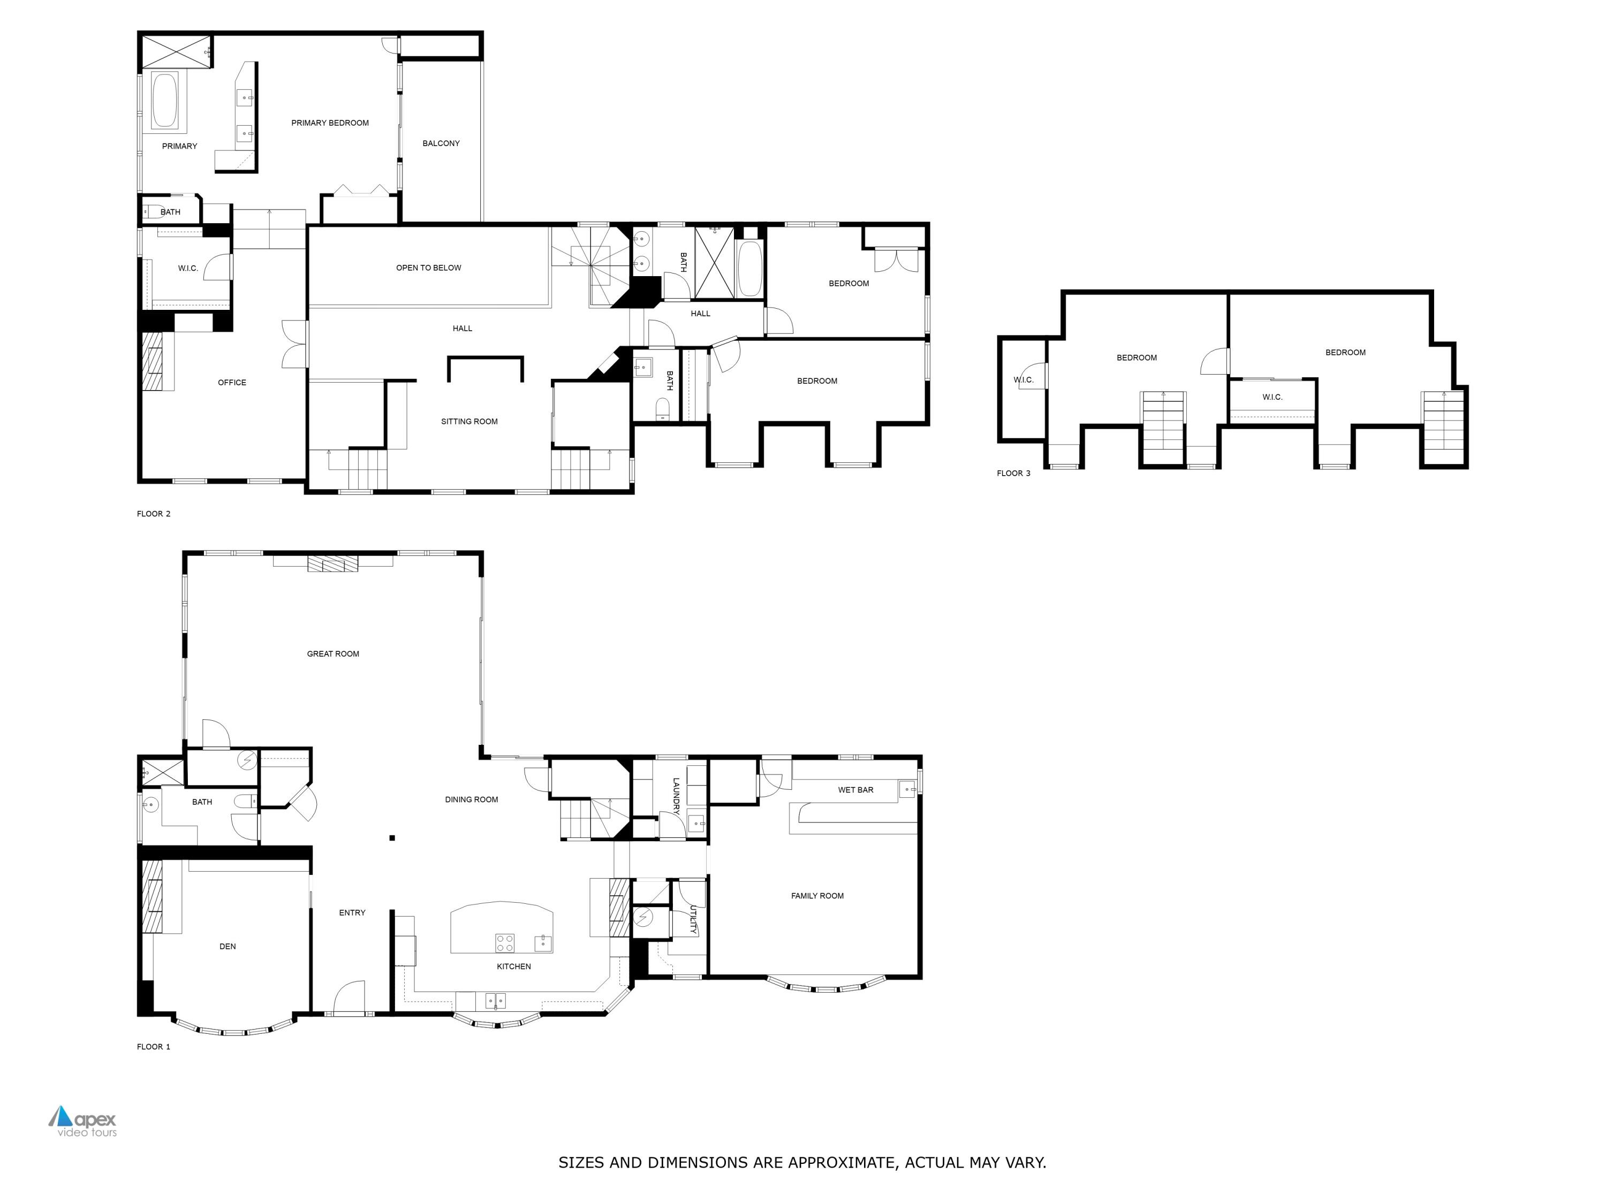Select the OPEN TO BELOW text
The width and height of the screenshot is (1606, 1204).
coord(428,268)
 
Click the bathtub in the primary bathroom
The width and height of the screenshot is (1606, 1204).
coord(165,100)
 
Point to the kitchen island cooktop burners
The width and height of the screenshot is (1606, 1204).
coord(505,943)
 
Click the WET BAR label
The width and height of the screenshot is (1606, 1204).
coord(855,790)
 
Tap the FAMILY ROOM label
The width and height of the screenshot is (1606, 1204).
coord(817,896)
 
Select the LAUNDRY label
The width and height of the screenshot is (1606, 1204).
coord(676,796)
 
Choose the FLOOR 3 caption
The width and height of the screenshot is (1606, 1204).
coord(1013,473)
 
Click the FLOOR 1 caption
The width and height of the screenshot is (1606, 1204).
coord(153,1047)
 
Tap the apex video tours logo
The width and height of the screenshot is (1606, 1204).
coord(82,1121)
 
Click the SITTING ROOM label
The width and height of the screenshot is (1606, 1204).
coord(469,422)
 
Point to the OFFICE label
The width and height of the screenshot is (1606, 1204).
coord(232,383)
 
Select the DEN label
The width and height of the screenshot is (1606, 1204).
coord(228,947)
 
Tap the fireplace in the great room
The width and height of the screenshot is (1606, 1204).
coord(332,564)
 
